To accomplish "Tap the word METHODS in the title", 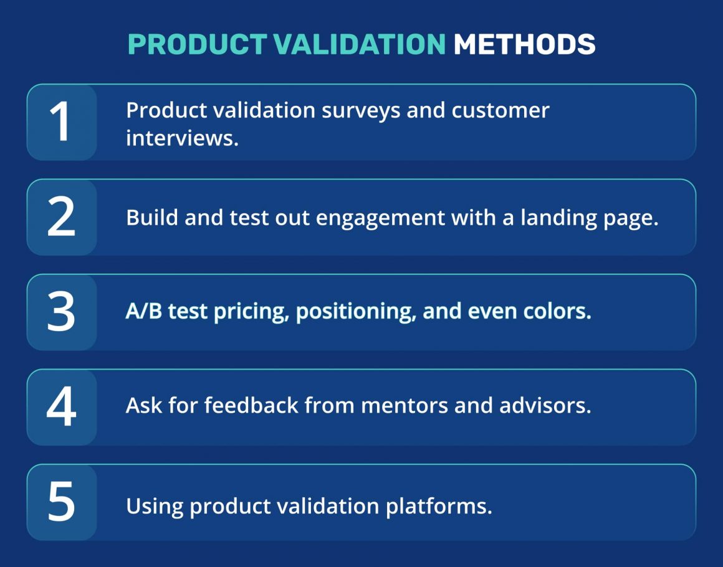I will (x=524, y=44).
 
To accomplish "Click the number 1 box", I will (x=61, y=123).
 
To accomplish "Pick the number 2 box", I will (x=61, y=217).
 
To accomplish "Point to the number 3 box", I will (x=61, y=312).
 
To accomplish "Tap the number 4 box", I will (x=61, y=407).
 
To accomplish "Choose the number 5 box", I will (x=61, y=502).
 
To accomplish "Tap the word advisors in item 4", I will (x=544, y=406).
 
